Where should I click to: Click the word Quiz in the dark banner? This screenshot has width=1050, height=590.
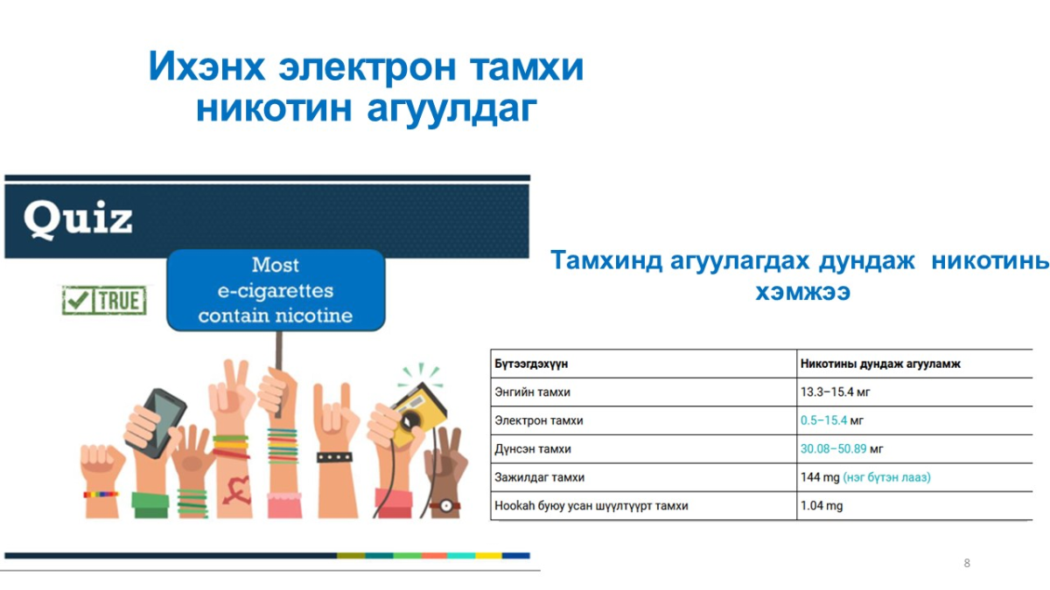78,219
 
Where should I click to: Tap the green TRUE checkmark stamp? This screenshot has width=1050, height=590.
104,300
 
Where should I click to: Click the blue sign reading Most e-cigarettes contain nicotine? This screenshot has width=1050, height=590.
276,290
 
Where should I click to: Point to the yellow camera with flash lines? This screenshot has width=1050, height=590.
418,413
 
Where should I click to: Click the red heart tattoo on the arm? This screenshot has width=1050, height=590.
237,489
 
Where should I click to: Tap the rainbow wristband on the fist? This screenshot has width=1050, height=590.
101,495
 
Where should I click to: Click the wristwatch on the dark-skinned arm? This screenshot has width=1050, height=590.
445,506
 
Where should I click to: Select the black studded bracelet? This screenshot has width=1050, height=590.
334,457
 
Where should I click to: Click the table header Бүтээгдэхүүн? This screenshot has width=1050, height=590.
531,364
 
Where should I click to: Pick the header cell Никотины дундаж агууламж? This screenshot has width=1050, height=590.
880,364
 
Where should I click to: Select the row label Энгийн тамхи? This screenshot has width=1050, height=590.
533,392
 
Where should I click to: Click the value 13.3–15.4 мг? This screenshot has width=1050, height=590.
835,392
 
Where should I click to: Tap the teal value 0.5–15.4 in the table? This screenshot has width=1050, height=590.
823,420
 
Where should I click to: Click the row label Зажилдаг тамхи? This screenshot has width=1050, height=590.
540,477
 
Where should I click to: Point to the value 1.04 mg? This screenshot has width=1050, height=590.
822,506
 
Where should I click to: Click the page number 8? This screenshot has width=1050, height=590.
967,563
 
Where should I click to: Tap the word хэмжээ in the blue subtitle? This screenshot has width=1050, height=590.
803,292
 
